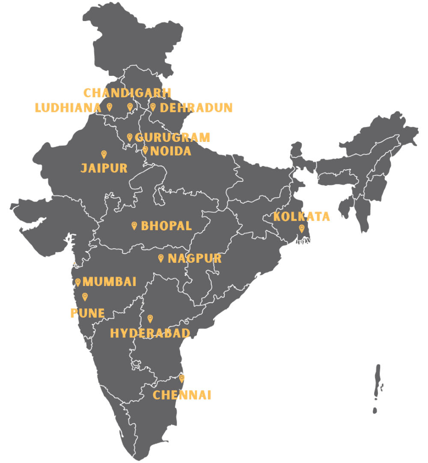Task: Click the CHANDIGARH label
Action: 127,93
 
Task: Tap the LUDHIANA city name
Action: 68,108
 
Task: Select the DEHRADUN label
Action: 196,108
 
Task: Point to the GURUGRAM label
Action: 172,138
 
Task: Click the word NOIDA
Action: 170,151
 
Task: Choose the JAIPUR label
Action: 104,168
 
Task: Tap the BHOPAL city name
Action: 166,226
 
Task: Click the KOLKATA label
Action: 302,216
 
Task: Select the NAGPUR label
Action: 195,259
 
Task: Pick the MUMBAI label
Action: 110,282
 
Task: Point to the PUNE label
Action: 87,313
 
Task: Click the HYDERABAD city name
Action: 150,333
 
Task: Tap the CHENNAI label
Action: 182,395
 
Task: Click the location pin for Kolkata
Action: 301,228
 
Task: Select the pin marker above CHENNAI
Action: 182,379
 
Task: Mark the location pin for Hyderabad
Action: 150,319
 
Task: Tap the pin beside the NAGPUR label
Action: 161,258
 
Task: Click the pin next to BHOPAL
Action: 134,225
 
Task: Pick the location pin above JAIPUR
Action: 104,154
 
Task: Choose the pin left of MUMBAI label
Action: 78,282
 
